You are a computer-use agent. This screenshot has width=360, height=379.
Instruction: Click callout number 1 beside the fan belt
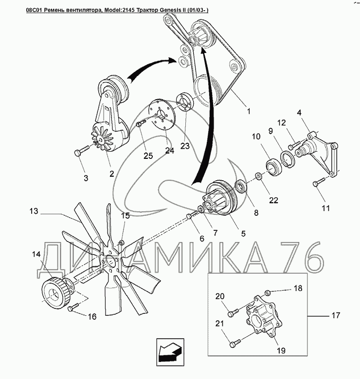(x=249, y=111)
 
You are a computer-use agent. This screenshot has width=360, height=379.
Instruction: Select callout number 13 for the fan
(x=34, y=211)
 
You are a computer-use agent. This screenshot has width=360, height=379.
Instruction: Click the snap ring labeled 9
(x=288, y=159)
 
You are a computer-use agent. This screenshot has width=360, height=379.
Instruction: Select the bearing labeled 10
(x=274, y=166)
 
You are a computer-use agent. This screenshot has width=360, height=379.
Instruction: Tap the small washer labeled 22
(x=258, y=176)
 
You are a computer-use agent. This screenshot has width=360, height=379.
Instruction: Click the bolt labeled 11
(x=319, y=182)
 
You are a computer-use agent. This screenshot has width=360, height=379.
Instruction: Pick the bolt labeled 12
(x=293, y=145)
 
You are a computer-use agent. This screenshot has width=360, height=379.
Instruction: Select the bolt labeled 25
(x=141, y=123)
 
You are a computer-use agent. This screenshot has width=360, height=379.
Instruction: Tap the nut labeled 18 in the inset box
(x=268, y=293)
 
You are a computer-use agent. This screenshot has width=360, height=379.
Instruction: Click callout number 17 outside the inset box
(x=335, y=315)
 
